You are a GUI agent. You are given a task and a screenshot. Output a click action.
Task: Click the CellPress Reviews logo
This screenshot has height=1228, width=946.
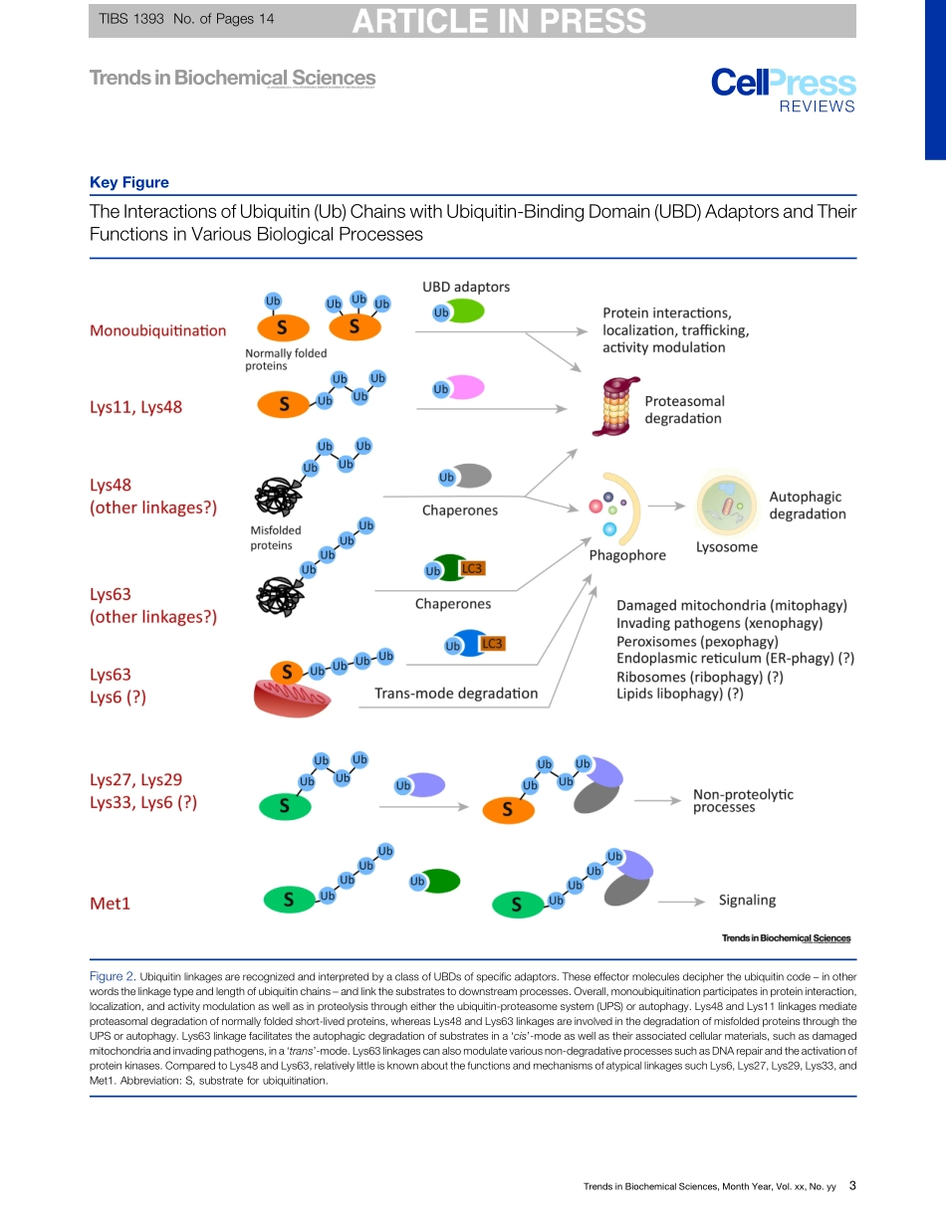point(783,89)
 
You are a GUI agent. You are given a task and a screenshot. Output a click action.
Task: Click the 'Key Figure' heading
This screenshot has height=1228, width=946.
point(129,182)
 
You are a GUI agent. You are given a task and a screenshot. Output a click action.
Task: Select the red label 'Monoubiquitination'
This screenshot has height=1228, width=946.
point(158,330)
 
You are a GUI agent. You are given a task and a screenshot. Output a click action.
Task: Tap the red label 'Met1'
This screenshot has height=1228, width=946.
point(111,904)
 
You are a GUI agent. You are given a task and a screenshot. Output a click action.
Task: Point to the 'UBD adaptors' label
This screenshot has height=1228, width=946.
point(466,287)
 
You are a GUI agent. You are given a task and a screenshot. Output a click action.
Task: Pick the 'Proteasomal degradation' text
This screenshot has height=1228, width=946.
point(684,409)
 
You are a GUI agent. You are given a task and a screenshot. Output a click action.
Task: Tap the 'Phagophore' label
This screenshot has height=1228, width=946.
point(627,555)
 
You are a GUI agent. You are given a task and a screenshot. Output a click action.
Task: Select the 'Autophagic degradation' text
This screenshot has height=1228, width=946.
point(807,505)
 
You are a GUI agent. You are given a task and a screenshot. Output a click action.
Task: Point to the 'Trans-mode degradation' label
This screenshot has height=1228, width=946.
point(455,693)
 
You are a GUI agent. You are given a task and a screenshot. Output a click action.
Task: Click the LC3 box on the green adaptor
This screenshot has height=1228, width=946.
point(472,568)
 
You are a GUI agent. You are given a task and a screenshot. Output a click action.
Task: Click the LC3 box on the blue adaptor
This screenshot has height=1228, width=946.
point(492,644)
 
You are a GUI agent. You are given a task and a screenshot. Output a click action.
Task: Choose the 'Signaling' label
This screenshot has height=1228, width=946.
point(747,900)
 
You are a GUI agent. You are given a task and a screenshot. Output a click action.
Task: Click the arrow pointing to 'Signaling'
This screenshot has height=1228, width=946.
point(681,902)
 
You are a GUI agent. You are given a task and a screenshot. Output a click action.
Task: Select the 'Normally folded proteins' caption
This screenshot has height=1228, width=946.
point(286,359)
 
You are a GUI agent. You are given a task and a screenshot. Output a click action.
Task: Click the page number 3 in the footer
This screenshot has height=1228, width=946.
point(852,1186)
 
